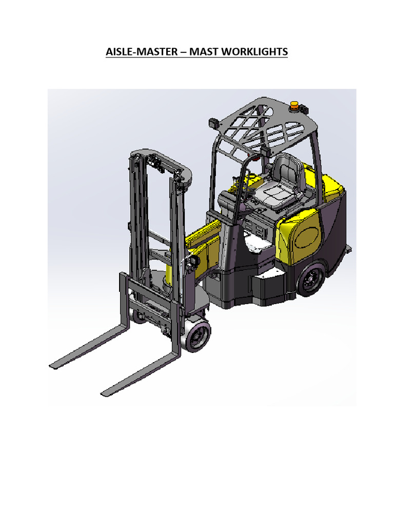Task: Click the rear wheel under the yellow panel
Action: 310,281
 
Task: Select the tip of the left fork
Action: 53,365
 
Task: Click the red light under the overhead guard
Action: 251,153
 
